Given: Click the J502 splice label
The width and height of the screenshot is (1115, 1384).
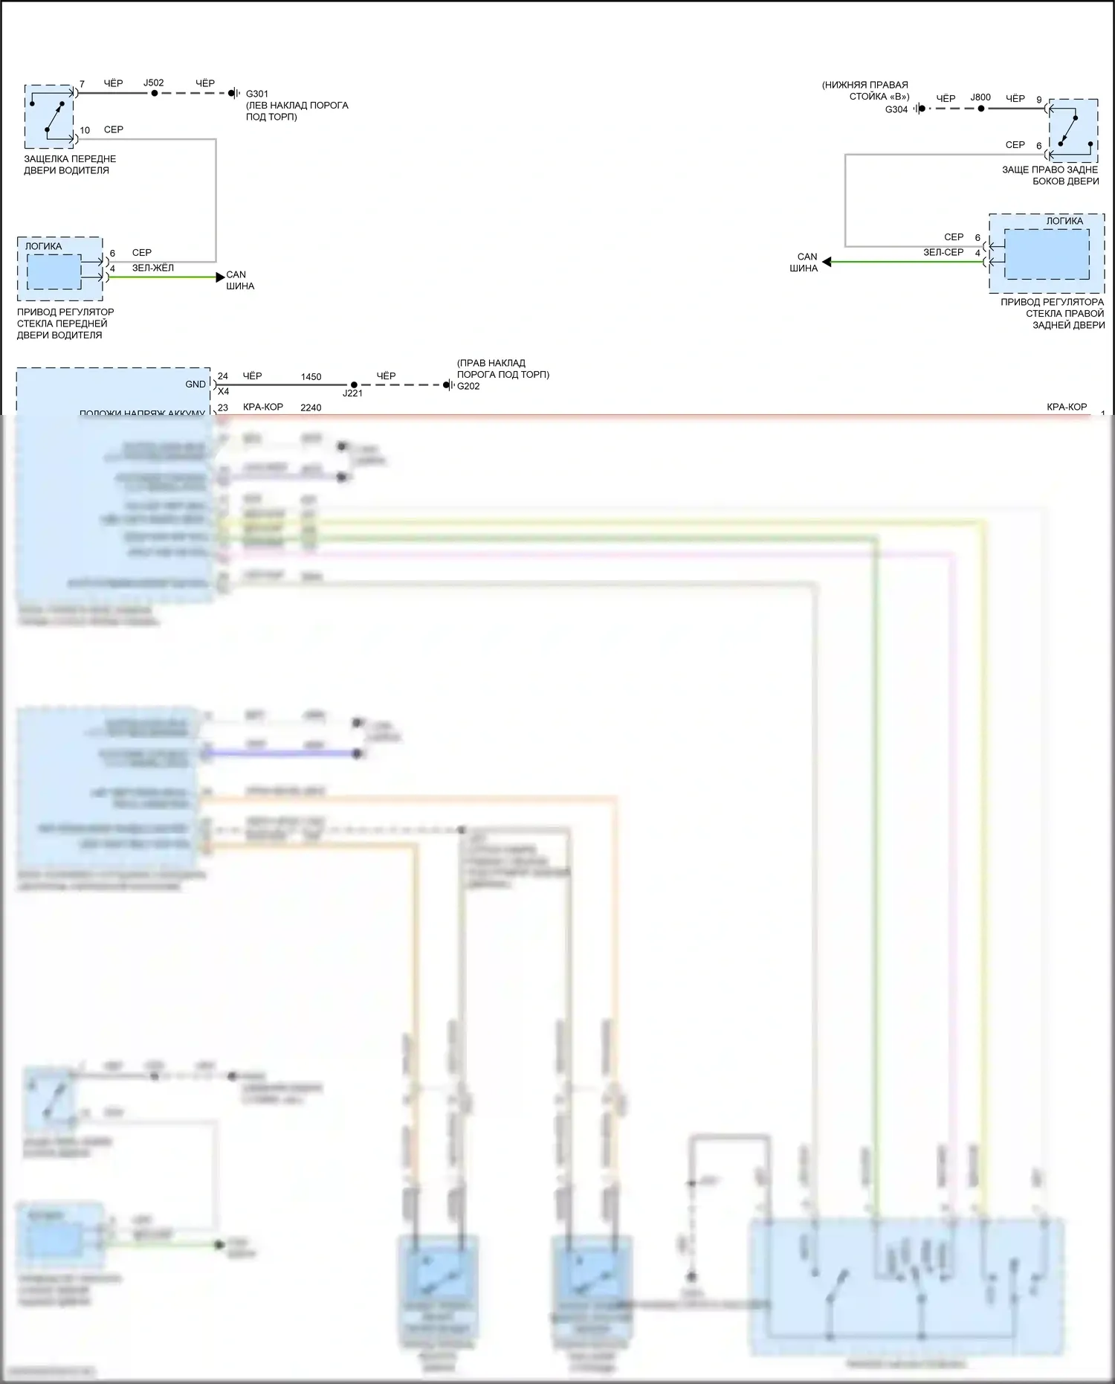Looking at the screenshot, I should pyautogui.click(x=154, y=83).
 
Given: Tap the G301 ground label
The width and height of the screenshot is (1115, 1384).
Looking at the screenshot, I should pyautogui.click(x=257, y=94).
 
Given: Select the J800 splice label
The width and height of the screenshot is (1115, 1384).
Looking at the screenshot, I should pyautogui.click(x=980, y=97).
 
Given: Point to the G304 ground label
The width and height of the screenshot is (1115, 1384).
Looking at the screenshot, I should pyautogui.click(x=896, y=109).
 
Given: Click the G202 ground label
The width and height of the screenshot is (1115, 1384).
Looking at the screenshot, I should pyautogui.click(x=468, y=386).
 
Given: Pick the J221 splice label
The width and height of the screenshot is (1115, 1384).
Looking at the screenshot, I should pyautogui.click(x=352, y=393).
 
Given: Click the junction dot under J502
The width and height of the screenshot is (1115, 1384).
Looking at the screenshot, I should pyautogui.click(x=154, y=94).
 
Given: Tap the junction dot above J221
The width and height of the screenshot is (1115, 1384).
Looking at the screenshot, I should pyautogui.click(x=354, y=384).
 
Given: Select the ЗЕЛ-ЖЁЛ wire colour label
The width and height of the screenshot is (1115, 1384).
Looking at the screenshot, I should pyautogui.click(x=153, y=268).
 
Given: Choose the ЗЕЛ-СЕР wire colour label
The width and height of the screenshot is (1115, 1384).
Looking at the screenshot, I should pyautogui.click(x=943, y=252).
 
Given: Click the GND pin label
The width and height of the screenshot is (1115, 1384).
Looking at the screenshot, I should pyautogui.click(x=195, y=384).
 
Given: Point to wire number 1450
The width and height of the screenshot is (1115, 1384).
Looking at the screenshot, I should pyautogui.click(x=311, y=377).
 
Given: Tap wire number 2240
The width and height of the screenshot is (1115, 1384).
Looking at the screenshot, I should pyautogui.click(x=311, y=408).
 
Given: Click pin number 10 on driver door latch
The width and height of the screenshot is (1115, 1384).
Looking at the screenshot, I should pyautogui.click(x=85, y=130).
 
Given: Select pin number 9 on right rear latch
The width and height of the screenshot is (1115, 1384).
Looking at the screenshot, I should pyautogui.click(x=1039, y=100).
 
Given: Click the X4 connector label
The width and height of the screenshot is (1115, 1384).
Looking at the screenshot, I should pyautogui.click(x=223, y=392).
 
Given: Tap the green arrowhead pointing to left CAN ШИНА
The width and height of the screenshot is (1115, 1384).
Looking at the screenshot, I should pyautogui.click(x=219, y=277).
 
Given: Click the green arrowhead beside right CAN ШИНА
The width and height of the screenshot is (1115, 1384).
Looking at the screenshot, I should pyautogui.click(x=827, y=262).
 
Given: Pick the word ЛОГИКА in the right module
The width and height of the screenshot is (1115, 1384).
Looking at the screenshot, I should pyautogui.click(x=1064, y=221).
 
